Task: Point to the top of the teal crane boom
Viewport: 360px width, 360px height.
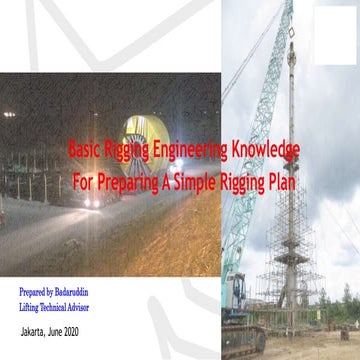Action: (288, 8)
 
